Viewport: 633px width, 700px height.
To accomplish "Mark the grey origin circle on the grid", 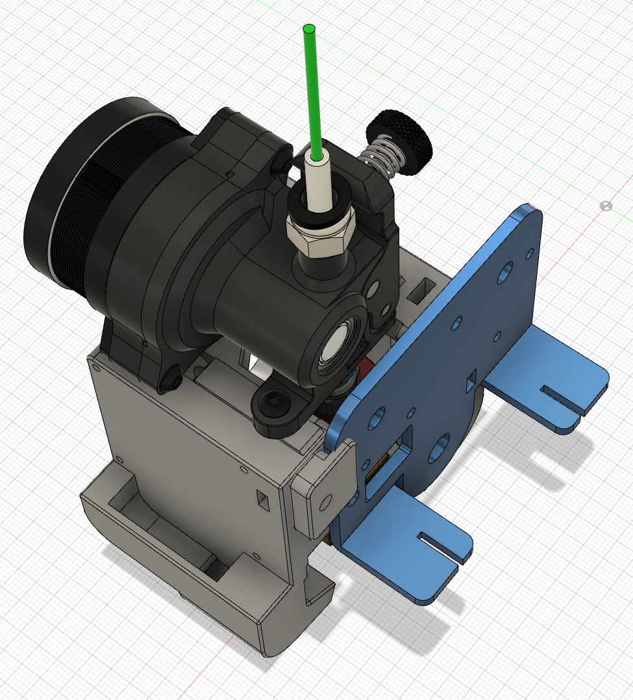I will coord(606,206).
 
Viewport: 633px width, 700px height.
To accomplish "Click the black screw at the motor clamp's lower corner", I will coord(173,377).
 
